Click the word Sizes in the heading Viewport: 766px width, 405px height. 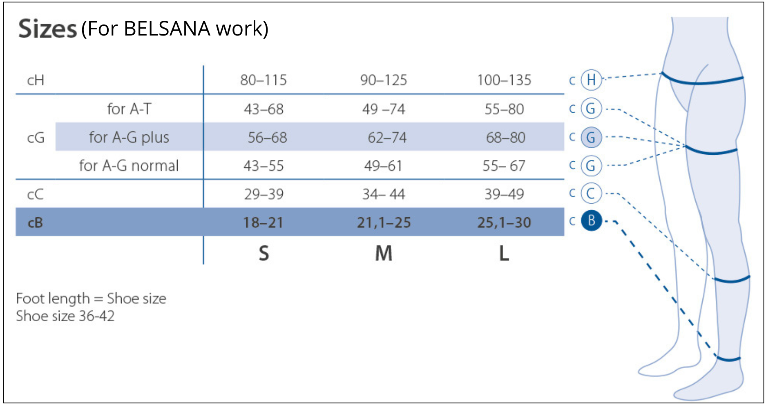(x=47, y=29)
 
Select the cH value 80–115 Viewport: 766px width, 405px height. (x=264, y=80)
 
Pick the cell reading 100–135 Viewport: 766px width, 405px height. (x=504, y=80)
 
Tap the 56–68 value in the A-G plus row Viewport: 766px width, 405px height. (x=268, y=138)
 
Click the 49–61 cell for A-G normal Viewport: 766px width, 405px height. (x=383, y=166)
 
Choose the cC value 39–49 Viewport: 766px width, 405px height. (x=504, y=194)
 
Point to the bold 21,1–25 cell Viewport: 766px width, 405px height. (x=384, y=223)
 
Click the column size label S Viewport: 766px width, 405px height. (x=264, y=254)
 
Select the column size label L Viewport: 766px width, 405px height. (x=504, y=254)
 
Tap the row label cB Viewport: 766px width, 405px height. (x=35, y=223)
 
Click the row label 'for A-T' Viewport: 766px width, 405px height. (x=129, y=109)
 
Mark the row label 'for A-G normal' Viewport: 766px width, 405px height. (x=129, y=166)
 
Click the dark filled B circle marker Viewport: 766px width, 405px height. (x=591, y=220)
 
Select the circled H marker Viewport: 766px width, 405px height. (x=591, y=80)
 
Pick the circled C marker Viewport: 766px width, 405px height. (x=591, y=194)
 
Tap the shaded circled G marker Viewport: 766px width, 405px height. (x=591, y=138)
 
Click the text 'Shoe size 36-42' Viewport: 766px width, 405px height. (x=65, y=316)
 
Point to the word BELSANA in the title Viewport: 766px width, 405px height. (x=167, y=29)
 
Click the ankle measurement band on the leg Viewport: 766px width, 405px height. (x=728, y=359)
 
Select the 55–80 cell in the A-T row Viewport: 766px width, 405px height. (x=504, y=109)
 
